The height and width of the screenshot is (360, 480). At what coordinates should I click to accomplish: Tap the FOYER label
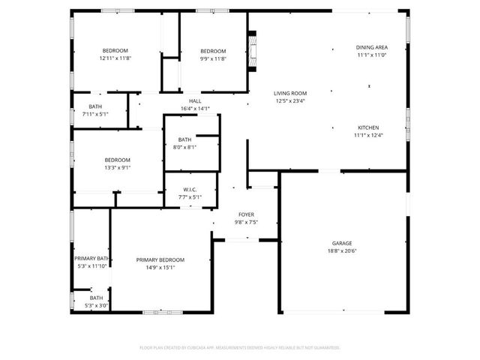click(247, 214)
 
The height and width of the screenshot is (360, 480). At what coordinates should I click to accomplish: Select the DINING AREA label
click(371, 47)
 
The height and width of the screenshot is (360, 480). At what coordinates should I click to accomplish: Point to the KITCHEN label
click(367, 127)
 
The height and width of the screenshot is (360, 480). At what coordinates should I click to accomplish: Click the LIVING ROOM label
click(289, 92)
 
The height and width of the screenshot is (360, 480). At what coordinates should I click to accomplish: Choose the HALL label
click(195, 101)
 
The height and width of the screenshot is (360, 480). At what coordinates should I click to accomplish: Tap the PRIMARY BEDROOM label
click(160, 259)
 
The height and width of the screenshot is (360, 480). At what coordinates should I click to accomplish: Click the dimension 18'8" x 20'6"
click(342, 251)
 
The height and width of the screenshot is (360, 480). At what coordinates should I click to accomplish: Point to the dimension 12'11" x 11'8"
click(115, 58)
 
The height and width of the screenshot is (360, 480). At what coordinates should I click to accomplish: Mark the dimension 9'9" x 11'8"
click(213, 58)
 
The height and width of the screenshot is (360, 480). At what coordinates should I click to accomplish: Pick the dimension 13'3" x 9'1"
click(117, 167)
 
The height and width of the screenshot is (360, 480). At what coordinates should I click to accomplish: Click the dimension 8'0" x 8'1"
click(185, 147)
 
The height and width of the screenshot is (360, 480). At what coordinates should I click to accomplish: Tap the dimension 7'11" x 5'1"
click(95, 114)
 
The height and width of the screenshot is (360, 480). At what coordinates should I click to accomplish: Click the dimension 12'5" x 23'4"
click(289, 100)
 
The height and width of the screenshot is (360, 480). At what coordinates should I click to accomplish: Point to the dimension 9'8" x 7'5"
click(247, 222)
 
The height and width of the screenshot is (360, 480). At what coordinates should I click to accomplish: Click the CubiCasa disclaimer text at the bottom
click(240, 347)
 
